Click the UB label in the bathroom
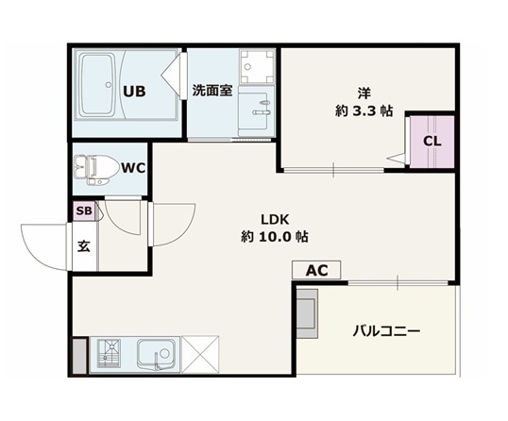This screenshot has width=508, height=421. tap(134, 92)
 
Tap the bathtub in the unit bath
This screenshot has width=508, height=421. tap(97, 85)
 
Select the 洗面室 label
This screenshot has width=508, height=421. tap(212, 91)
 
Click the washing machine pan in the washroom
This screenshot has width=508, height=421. tap(256, 67)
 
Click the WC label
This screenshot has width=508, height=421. tap(133, 168)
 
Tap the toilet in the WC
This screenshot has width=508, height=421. tap(95, 170)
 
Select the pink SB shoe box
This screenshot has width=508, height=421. tap(84, 211)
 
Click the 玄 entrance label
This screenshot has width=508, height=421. tap(83, 247)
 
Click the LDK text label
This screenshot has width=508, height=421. tap(275, 220)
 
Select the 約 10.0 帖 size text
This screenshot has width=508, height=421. tap(275, 237)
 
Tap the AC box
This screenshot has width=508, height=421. tap(316, 270)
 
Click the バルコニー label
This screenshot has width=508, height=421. tap(386, 331)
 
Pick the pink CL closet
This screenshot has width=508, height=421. tap(432, 142)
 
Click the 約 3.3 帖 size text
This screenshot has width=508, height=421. tap(364, 111)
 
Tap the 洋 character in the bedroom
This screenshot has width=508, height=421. tap(364, 93)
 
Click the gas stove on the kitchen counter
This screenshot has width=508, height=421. tap(109, 353)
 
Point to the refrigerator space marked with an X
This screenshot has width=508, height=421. tap(200, 354)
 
